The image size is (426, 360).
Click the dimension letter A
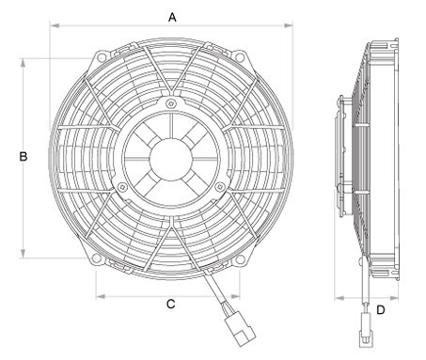(172, 17)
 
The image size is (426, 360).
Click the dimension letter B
(24, 156)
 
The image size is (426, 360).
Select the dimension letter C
(170, 304)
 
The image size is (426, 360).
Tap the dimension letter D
(380, 310)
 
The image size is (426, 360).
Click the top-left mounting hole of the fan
(101, 57)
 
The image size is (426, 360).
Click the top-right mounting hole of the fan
(239, 56)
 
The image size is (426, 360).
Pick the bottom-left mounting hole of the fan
(96, 258)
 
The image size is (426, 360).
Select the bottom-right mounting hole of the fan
(240, 259)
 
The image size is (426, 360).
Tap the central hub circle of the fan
(171, 159)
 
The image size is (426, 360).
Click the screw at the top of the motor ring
(170, 103)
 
